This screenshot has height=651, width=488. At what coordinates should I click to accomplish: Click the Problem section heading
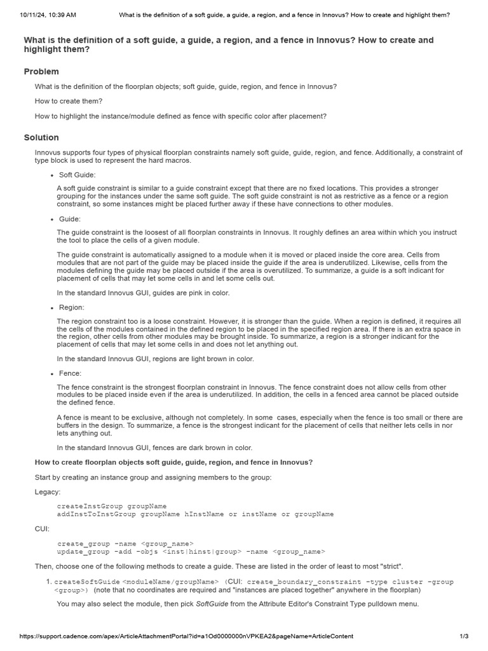click(41, 72)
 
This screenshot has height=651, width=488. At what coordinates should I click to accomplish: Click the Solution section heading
click(41, 137)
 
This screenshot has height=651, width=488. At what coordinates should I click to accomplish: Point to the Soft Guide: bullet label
click(77, 174)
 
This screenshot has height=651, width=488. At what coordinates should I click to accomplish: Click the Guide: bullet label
click(69, 219)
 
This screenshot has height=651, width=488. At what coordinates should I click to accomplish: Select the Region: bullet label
click(72, 307)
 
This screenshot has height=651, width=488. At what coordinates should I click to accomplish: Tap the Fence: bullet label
click(70, 373)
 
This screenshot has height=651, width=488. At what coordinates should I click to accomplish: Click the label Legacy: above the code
click(48, 491)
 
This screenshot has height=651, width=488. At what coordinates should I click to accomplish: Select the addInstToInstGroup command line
click(195, 514)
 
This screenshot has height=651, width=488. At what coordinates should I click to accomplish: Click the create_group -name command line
click(125, 544)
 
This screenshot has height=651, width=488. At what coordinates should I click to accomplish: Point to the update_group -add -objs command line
click(191, 551)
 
